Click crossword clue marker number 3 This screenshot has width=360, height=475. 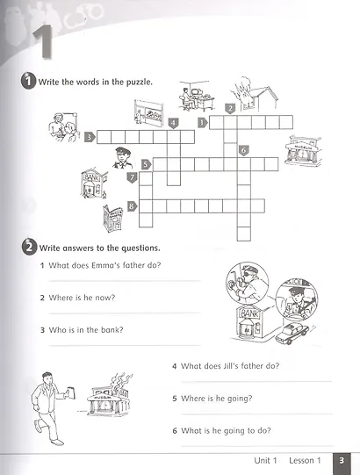(x=89, y=137)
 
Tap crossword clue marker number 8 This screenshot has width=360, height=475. (x=132, y=206)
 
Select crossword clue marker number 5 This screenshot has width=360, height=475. (x=146, y=163)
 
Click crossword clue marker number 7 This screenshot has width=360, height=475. (x=132, y=178)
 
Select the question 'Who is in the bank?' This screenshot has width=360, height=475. (x=86, y=330)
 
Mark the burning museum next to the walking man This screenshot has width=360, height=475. (x=111, y=399)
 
